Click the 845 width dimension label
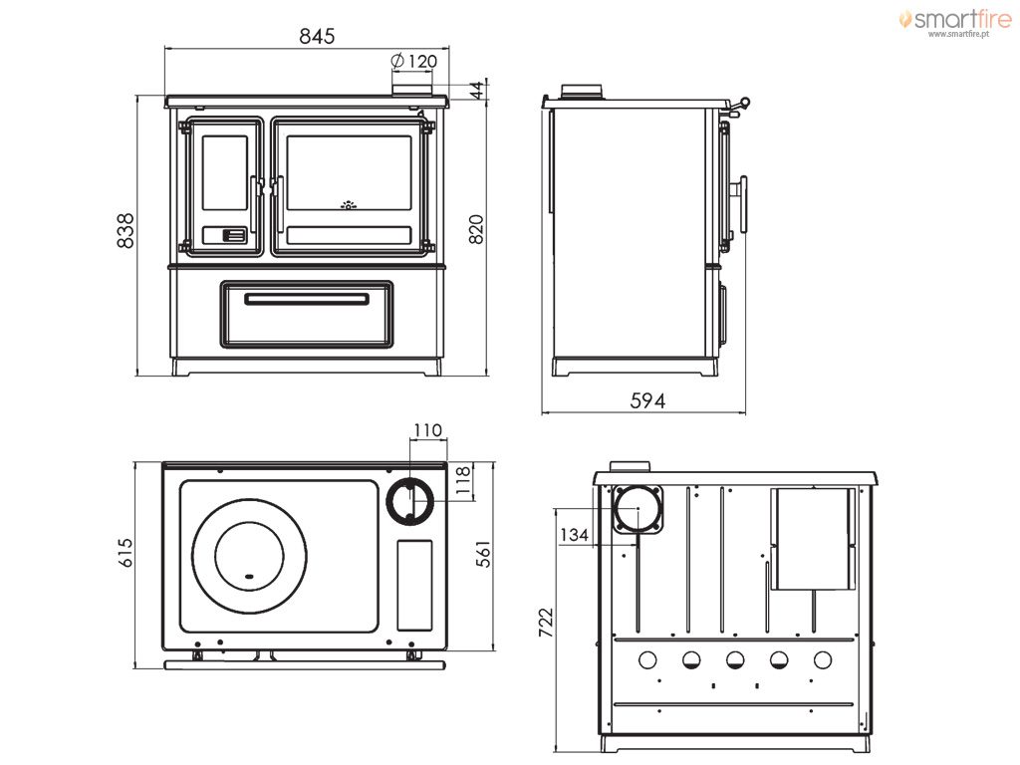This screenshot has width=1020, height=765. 317,36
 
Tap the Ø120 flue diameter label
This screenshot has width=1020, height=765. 413,61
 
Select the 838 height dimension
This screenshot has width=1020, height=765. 125,230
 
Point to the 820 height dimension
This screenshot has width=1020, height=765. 477,229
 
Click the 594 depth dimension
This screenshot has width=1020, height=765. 647,400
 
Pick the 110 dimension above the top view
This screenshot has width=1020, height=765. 427,430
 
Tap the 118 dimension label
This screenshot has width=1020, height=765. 462,480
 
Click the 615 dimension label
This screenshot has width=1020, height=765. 125,552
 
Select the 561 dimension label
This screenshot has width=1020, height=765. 483,554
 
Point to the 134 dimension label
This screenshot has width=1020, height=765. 574,535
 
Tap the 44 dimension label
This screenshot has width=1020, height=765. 478,91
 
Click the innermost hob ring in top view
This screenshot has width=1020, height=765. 214,556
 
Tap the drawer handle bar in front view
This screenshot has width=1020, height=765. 307,299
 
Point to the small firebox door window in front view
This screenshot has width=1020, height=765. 224,173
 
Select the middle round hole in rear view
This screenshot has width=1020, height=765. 735,660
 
